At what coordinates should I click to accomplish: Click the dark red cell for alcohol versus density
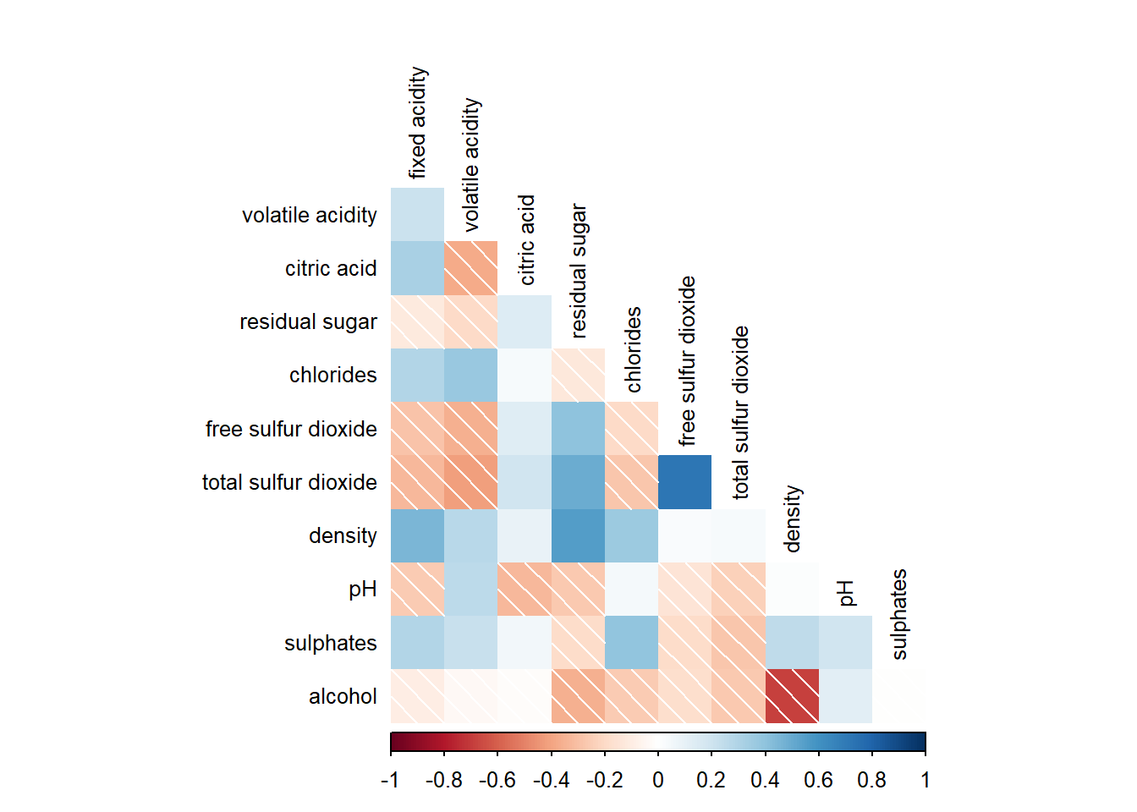tap(792, 696)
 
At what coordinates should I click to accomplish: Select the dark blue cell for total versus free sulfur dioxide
tap(684, 482)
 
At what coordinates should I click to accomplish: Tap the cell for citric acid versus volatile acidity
tap(470, 268)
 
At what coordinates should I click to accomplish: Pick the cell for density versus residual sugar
tap(578, 535)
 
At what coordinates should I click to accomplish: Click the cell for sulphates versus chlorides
tap(631, 643)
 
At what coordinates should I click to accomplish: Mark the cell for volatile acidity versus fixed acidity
tap(417, 215)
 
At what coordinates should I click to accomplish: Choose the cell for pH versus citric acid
tap(524, 589)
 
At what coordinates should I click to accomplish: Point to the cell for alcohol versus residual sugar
tap(578, 696)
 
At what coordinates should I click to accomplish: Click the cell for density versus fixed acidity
tap(417, 535)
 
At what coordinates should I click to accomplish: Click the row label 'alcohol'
tap(343, 696)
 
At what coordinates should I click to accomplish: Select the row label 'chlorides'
tap(332, 375)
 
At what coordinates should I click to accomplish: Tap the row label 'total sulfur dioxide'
tap(289, 482)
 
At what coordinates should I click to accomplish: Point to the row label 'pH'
tap(362, 589)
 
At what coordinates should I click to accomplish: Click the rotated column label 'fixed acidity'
tap(418, 123)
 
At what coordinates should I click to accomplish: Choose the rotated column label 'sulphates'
tap(899, 614)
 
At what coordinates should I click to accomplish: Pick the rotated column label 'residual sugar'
tap(579, 271)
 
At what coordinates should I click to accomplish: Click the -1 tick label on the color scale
tap(390, 780)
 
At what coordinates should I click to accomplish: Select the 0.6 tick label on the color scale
tap(818, 780)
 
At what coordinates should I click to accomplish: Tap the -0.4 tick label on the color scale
tap(551, 780)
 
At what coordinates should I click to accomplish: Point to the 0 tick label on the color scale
tap(658, 780)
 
